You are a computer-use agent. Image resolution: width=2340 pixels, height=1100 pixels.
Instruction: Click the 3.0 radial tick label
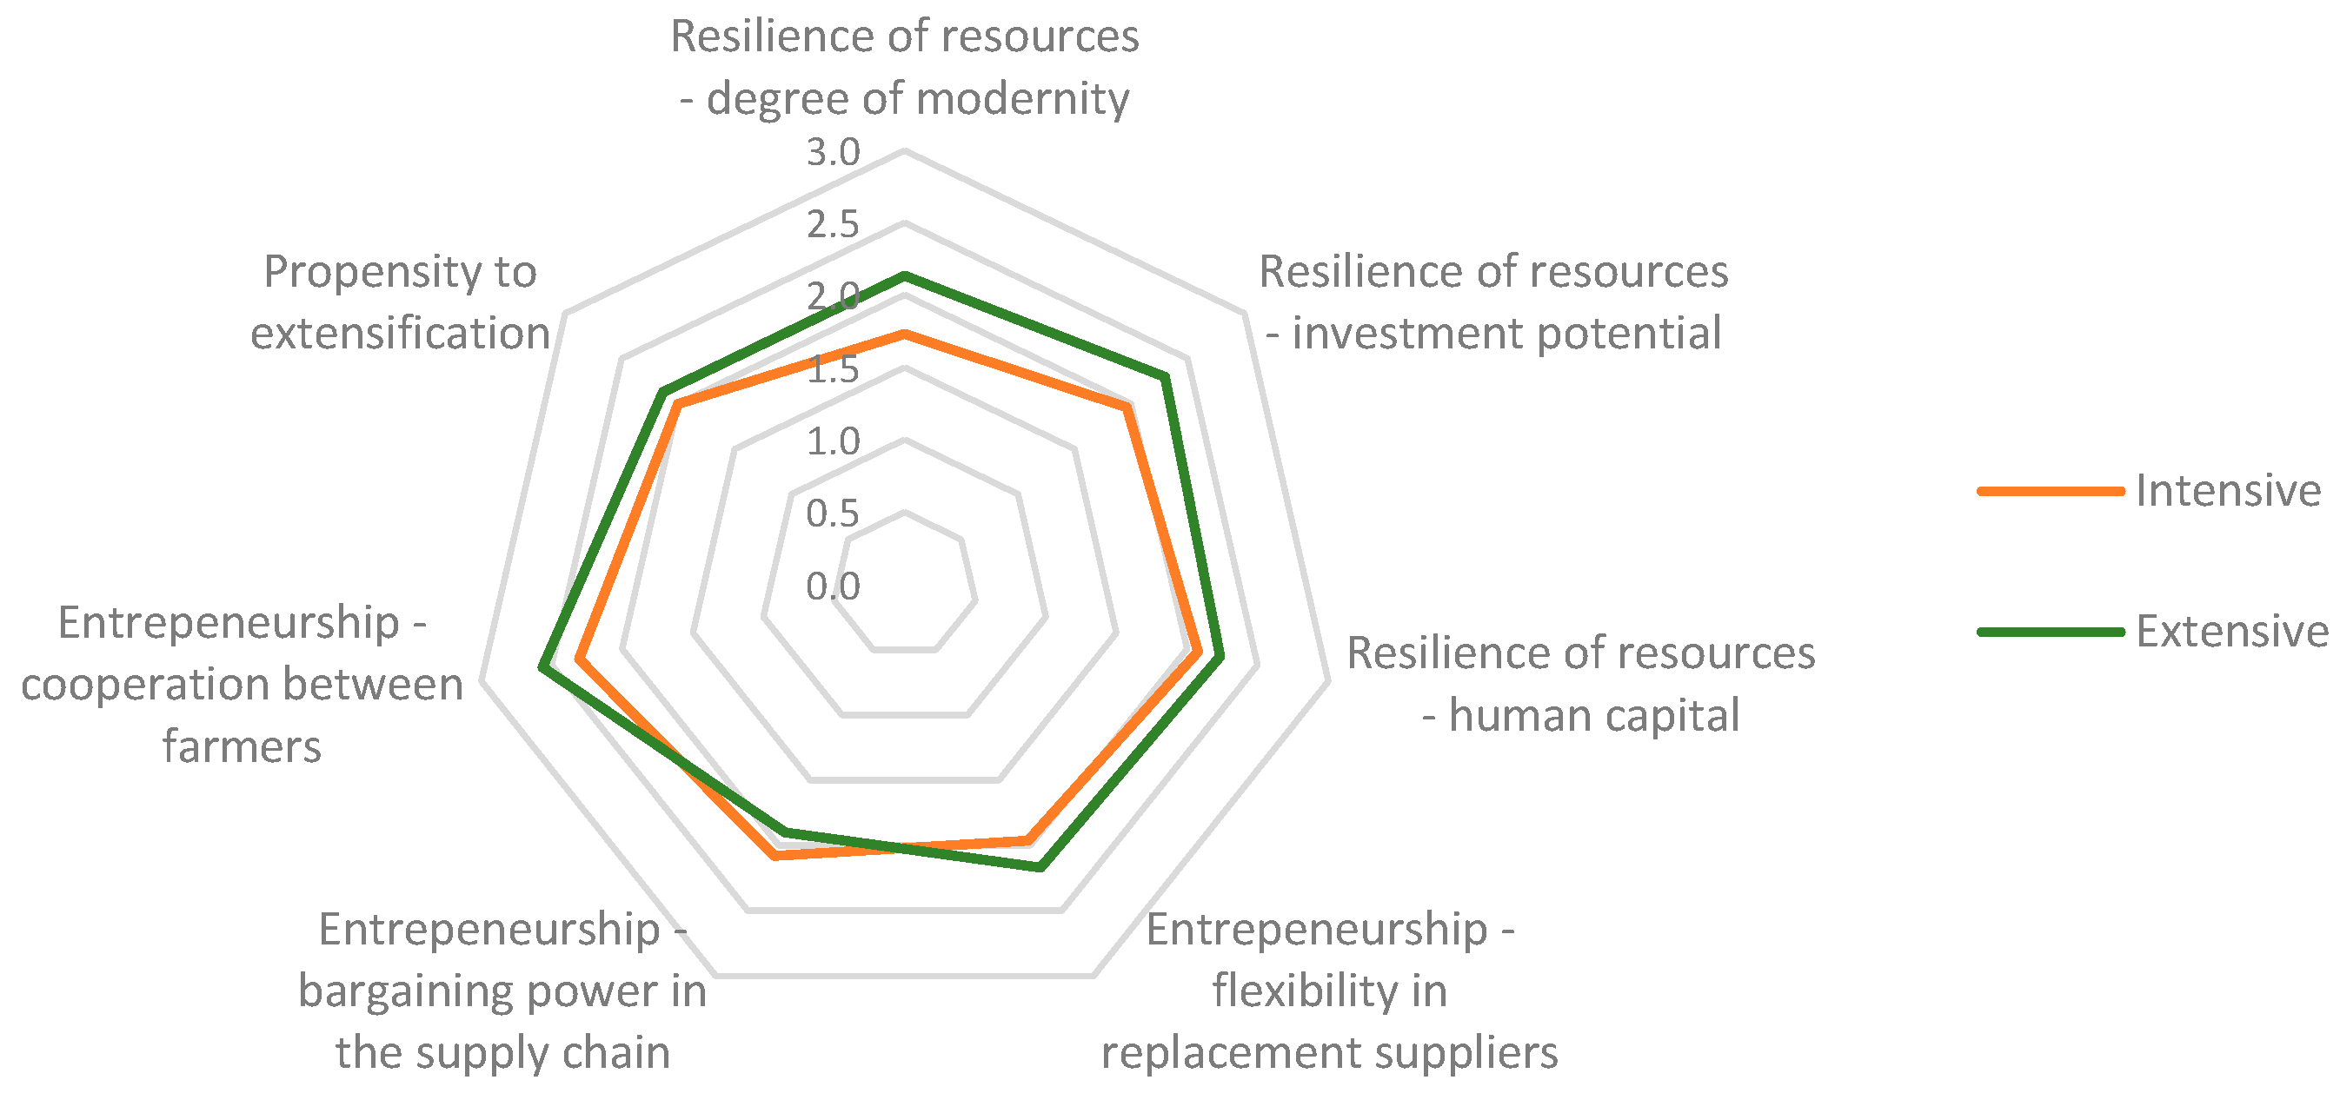tap(832, 153)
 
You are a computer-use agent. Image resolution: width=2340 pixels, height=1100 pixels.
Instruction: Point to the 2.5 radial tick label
tap(832, 224)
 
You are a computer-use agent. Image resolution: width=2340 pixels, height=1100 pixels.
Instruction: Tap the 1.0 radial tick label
tap(832, 441)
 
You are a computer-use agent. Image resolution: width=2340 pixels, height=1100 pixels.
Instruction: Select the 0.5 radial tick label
tap(832, 514)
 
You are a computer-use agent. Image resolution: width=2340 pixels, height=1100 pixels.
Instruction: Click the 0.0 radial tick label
tap(832, 586)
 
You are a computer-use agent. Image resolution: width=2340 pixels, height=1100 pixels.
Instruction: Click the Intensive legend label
tap(2227, 491)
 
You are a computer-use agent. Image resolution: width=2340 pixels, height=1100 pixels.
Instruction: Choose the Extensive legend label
tap(2231, 632)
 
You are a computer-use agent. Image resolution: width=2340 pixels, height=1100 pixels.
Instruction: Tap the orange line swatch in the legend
tap(2051, 491)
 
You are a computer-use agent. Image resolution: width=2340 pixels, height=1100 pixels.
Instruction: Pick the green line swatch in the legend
tap(2051, 632)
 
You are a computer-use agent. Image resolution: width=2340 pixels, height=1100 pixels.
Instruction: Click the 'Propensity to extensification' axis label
tap(401, 302)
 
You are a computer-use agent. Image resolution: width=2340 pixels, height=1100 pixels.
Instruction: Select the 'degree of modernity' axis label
tap(905, 67)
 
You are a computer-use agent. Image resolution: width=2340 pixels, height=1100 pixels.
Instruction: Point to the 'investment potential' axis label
tap(1493, 302)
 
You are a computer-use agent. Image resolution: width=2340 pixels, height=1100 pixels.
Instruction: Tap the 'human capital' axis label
tap(1580, 684)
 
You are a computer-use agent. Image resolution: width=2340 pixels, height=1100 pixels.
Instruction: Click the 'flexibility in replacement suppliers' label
tap(1330, 991)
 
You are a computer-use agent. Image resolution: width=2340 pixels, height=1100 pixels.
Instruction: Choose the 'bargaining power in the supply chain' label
tap(502, 991)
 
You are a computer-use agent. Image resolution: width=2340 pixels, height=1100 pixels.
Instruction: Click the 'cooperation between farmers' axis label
tap(242, 684)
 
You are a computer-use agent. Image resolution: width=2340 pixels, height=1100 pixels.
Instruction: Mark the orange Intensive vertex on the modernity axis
tap(904, 335)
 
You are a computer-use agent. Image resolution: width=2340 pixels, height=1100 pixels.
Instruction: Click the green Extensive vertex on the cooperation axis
tap(542, 668)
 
